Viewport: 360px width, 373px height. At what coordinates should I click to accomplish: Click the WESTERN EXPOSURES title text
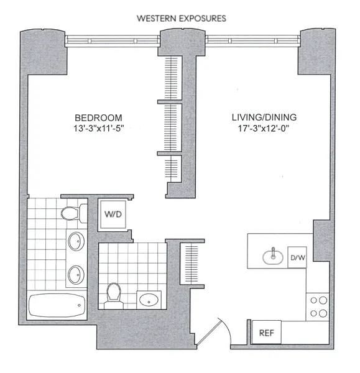(x=181, y=18)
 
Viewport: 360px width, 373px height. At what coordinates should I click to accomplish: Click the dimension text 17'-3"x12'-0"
(x=264, y=129)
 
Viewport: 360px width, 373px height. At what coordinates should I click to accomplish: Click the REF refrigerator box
(x=266, y=333)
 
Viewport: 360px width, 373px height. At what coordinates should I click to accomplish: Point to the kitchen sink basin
(x=272, y=255)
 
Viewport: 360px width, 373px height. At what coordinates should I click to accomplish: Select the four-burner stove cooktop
(x=318, y=306)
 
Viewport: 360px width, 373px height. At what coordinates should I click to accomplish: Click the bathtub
(x=57, y=305)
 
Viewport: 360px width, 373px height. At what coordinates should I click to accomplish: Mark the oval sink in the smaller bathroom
(x=149, y=300)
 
